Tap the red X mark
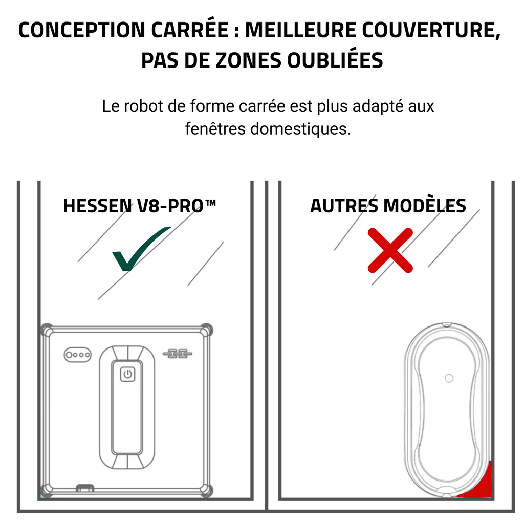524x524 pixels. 390,250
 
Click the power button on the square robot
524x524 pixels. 127,375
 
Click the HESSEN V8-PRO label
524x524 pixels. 139,206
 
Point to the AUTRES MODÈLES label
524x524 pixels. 388,206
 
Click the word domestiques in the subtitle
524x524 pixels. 300,128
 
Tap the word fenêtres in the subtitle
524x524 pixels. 215,128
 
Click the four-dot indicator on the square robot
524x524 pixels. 77,354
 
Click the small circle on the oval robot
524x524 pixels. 449,378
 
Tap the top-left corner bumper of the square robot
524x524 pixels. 47,329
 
